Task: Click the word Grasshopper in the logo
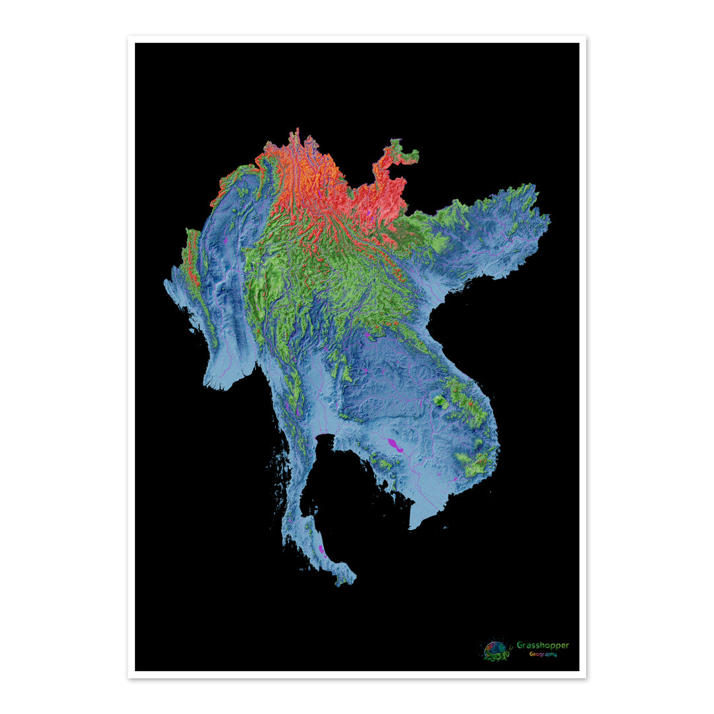542,645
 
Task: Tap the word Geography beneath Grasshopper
542,654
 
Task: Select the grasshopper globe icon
497,650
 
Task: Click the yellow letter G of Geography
531,654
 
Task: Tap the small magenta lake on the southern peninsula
322,549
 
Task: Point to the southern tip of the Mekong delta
412,528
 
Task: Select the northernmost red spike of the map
297,132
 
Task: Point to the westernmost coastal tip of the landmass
165,283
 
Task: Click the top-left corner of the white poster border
129,37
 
